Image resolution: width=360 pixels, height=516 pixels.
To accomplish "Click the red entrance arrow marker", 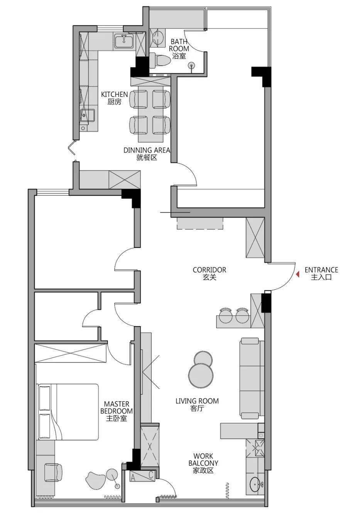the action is coord(297,274).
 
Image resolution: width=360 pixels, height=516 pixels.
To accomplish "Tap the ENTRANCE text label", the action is coord(321,270).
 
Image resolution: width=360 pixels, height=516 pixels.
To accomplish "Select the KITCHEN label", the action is coord(115,94).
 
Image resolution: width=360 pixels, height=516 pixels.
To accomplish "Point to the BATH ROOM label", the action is coord(179,45).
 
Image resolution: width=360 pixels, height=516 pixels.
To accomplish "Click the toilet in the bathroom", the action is coord(159,60).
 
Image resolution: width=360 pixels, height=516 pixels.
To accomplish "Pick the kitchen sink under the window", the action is coord(124,41).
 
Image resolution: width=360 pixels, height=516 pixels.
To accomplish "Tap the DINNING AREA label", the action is coord(147,150).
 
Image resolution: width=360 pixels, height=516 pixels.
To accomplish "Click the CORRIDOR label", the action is coord(210,270).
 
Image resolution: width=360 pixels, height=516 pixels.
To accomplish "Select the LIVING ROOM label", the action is coord(197,401).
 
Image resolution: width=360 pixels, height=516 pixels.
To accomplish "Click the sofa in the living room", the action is coord(252,378).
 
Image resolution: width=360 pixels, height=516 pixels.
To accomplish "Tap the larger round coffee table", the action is coord(201,375).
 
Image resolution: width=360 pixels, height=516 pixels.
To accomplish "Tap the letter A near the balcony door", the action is coord(133,478).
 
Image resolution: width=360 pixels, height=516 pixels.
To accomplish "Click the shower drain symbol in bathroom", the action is coord(191,66).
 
